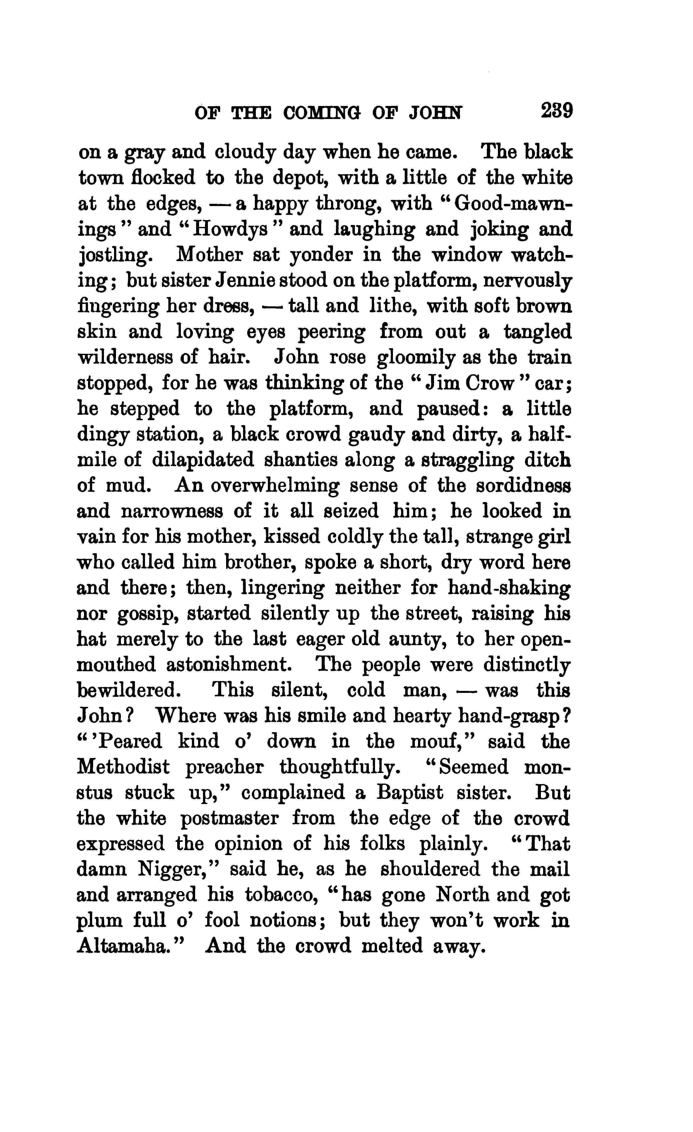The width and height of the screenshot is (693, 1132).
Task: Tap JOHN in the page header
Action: point(436,113)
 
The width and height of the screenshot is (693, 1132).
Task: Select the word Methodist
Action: point(123,767)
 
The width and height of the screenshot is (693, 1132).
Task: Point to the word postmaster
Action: point(229,818)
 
